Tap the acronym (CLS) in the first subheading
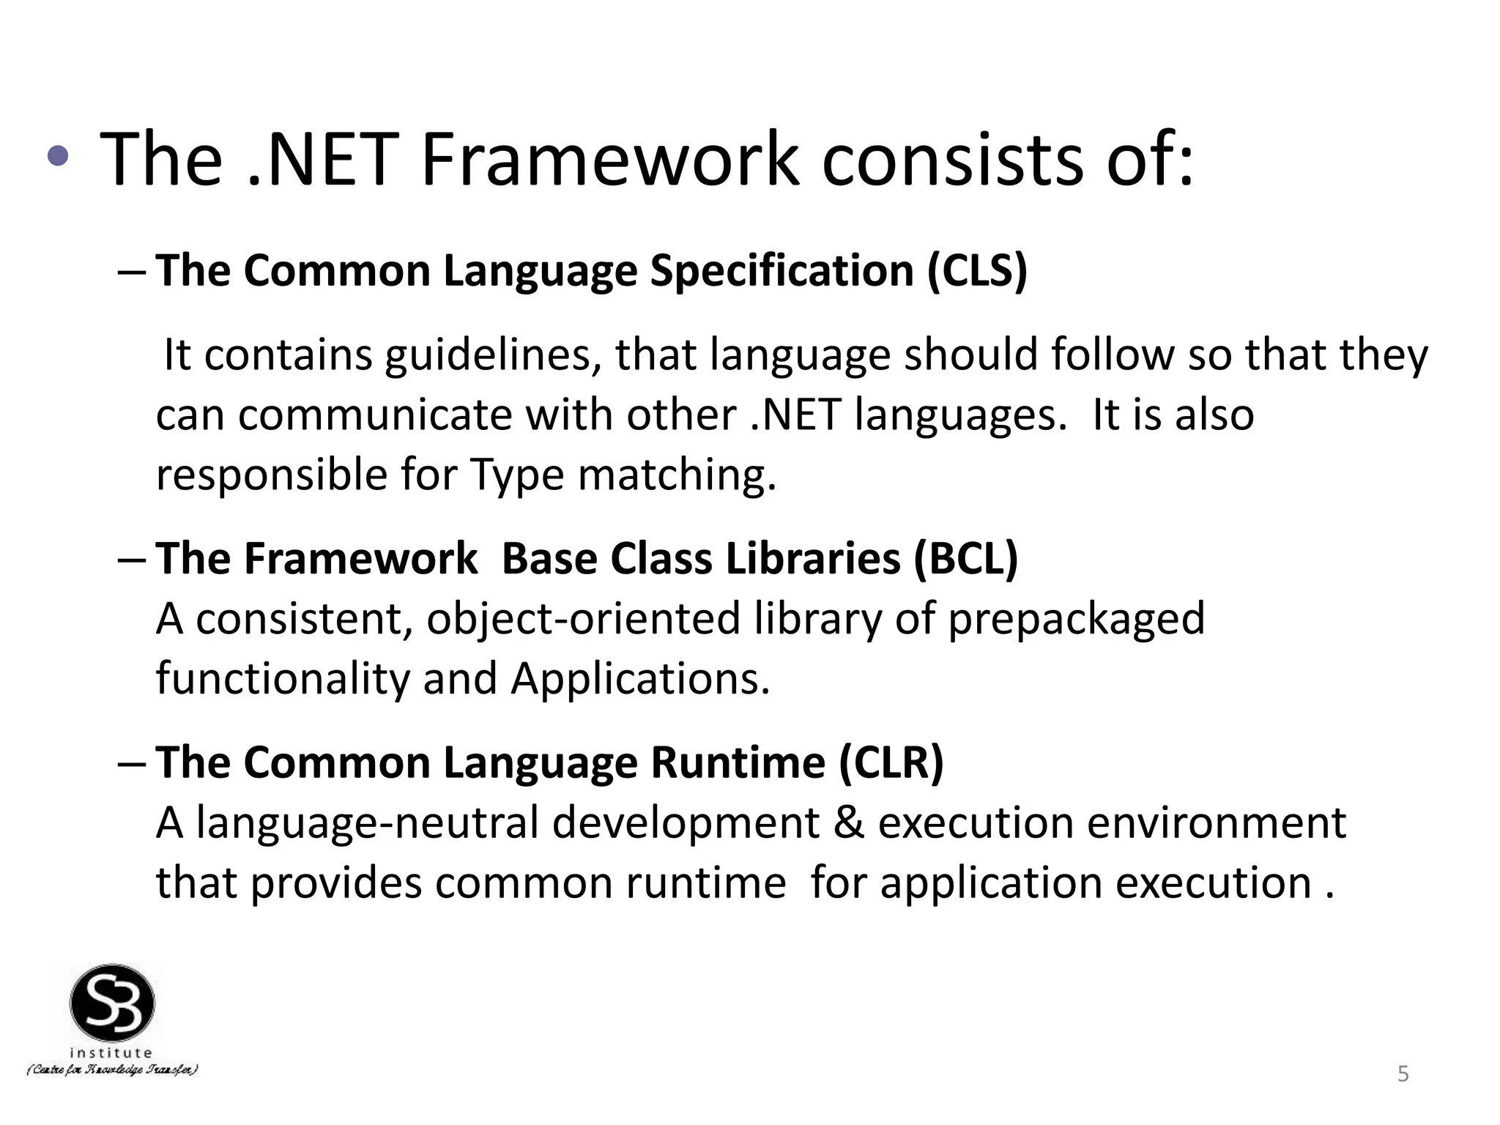pos(977,270)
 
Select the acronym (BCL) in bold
pos(966,559)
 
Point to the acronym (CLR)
pos(891,762)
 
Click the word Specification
pos(781,271)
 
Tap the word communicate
pos(374,415)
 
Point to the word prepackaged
pos(1076,619)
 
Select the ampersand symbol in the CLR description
pos(849,823)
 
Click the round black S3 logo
pos(112,1003)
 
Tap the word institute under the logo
pos(111,1052)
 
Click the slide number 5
pos(1403,1074)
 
